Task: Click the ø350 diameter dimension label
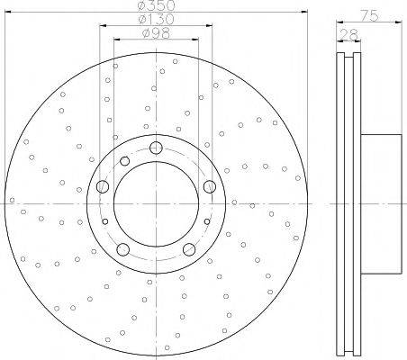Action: coord(156,5)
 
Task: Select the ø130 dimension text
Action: coord(156,20)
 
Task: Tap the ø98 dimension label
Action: coord(156,33)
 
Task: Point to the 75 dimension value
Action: coord(369,15)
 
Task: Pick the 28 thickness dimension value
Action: coord(348,34)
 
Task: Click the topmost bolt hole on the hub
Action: coord(156,148)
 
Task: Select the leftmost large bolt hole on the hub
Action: coord(103,186)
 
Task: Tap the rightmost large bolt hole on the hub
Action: coord(210,186)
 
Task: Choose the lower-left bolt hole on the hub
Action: coord(122,249)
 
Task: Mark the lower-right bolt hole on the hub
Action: coord(189,249)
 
